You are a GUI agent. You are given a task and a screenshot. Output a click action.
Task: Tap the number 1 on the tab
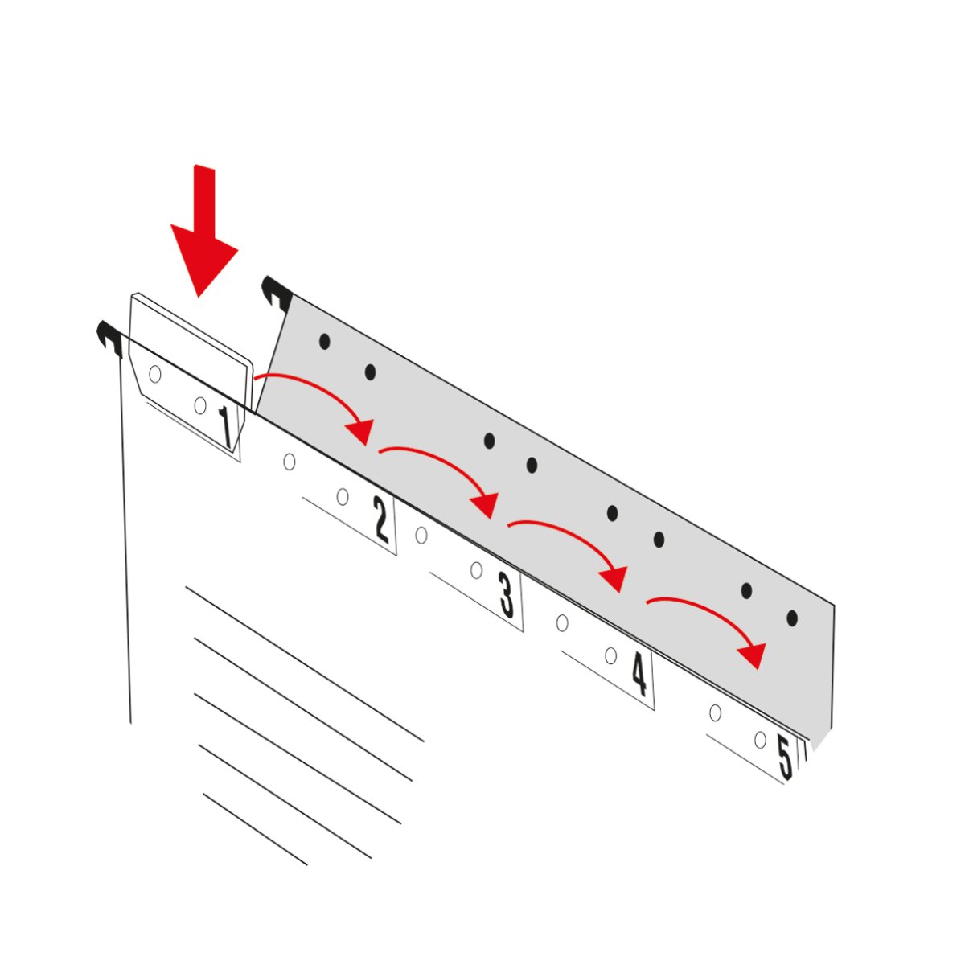(226, 427)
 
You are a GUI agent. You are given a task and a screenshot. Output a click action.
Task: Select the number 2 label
(381, 519)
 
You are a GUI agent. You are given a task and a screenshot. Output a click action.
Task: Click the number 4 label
(639, 674)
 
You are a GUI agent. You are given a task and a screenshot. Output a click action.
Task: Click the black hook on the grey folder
(277, 291)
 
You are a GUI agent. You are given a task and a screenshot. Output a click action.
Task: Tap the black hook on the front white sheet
(109, 337)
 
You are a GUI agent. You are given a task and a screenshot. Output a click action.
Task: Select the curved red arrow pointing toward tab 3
(446, 463)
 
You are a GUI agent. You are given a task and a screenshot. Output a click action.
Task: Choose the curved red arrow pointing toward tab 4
(576, 538)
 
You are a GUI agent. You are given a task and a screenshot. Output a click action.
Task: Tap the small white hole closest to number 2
(343, 497)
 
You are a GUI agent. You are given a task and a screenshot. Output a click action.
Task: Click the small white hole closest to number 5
(760, 740)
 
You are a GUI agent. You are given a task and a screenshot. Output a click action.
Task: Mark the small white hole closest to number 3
(476, 570)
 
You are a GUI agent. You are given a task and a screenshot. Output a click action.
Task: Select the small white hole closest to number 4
(611, 655)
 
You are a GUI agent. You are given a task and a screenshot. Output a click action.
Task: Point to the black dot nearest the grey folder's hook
(325, 342)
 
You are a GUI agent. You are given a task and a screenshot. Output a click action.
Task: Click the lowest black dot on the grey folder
(792, 618)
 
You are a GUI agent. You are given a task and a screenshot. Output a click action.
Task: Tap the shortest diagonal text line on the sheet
(255, 829)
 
